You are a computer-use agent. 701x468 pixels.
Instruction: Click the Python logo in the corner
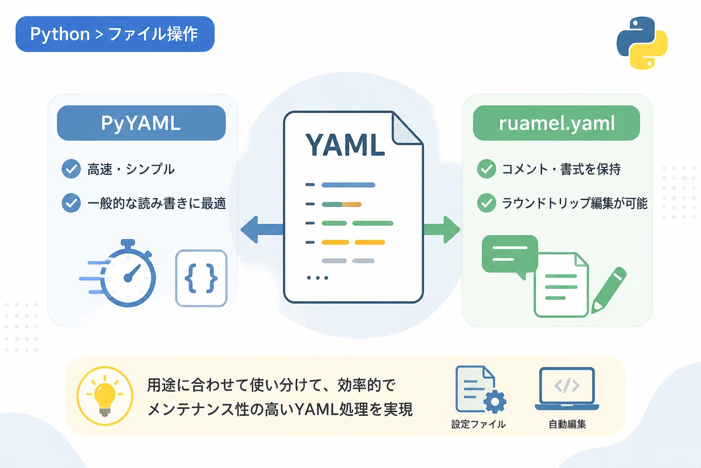tap(642, 43)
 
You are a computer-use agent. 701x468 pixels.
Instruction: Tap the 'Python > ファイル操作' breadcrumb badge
tap(115, 34)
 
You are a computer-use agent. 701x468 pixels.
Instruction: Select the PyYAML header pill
tap(141, 123)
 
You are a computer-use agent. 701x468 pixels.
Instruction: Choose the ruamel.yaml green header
tap(556, 123)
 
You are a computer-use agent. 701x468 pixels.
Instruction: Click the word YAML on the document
tap(345, 144)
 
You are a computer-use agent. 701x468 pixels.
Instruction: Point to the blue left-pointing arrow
tap(262, 229)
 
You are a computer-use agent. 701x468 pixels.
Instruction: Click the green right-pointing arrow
tap(442, 229)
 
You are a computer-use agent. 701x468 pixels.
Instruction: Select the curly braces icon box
tap(201, 278)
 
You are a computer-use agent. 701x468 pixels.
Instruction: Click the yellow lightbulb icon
tap(105, 396)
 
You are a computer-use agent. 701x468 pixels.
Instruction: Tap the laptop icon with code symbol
tap(567, 389)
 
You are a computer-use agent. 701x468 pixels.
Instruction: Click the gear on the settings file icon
tap(495, 402)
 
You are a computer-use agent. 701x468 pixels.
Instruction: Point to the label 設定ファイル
tap(478, 424)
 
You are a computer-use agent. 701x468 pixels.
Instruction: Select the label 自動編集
tap(567, 424)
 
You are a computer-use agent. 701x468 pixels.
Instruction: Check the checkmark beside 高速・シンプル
tap(71, 169)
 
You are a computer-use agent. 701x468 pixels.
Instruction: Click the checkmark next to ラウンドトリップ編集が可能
tap(487, 203)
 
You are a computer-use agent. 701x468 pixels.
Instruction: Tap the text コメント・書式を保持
tap(561, 169)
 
